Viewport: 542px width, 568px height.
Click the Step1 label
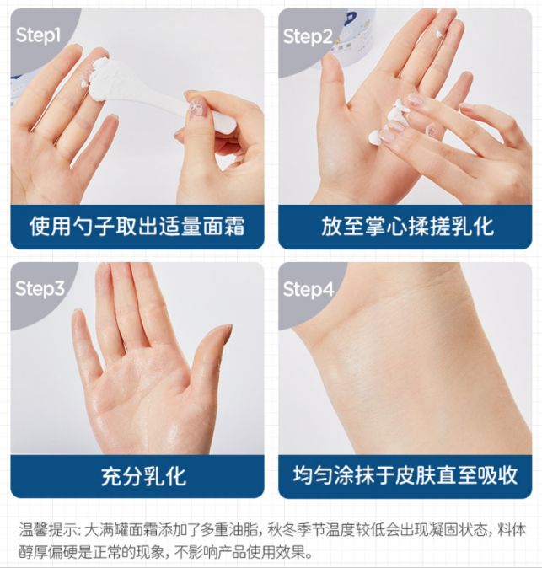click(x=38, y=35)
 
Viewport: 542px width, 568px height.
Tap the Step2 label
click(x=308, y=37)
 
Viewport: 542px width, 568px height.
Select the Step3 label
click(x=40, y=289)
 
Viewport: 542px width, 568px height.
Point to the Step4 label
click(x=309, y=290)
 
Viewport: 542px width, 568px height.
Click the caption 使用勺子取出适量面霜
click(x=137, y=226)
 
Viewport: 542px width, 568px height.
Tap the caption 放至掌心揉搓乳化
click(x=407, y=226)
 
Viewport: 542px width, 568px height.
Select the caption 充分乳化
click(x=143, y=477)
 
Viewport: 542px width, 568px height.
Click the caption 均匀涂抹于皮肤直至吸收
click(x=405, y=475)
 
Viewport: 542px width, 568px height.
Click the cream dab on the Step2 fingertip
click(x=439, y=35)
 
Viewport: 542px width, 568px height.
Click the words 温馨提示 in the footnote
click(x=48, y=530)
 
